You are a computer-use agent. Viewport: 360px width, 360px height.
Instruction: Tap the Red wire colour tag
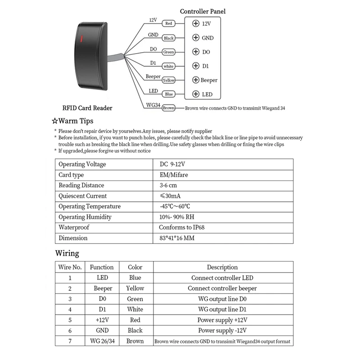(169, 23)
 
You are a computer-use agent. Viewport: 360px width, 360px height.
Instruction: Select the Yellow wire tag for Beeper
(168, 80)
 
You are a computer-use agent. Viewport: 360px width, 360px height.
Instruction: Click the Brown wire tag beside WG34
(168, 108)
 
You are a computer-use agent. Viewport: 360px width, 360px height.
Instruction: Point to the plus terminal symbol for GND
(195, 38)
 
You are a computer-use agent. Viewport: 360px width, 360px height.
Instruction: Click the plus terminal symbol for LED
(195, 94)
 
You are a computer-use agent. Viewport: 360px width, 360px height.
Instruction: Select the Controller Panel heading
(202, 11)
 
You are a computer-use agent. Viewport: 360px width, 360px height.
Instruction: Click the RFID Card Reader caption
(87, 108)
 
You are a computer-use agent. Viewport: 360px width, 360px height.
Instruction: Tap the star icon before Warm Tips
(55, 121)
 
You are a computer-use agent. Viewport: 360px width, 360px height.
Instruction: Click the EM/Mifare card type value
(174, 175)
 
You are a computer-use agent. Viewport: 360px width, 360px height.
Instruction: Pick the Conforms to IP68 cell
(182, 227)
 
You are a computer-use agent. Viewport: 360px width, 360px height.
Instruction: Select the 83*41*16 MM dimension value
(177, 238)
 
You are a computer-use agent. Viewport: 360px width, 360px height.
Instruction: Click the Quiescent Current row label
(83, 196)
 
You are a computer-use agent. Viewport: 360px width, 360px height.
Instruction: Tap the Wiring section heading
(67, 253)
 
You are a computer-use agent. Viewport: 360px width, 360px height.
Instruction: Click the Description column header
(222, 267)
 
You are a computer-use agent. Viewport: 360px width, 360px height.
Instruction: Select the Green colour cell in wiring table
(135, 299)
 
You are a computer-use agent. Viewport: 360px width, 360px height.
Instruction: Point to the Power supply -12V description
(222, 330)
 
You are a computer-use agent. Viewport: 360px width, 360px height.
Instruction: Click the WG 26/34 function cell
(102, 341)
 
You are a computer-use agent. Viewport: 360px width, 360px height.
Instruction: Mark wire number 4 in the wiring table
(70, 310)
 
